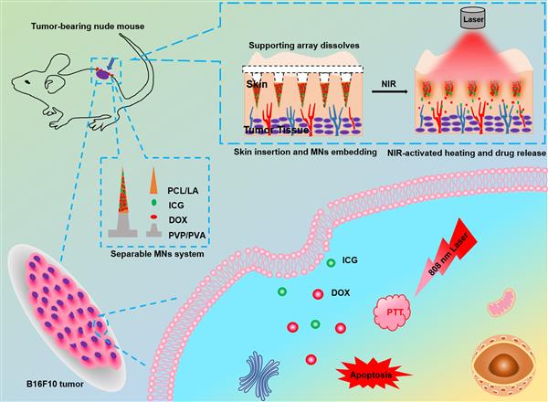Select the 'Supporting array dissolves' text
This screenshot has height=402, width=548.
tap(300, 44)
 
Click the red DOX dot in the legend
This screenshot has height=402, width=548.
tap(151, 218)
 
